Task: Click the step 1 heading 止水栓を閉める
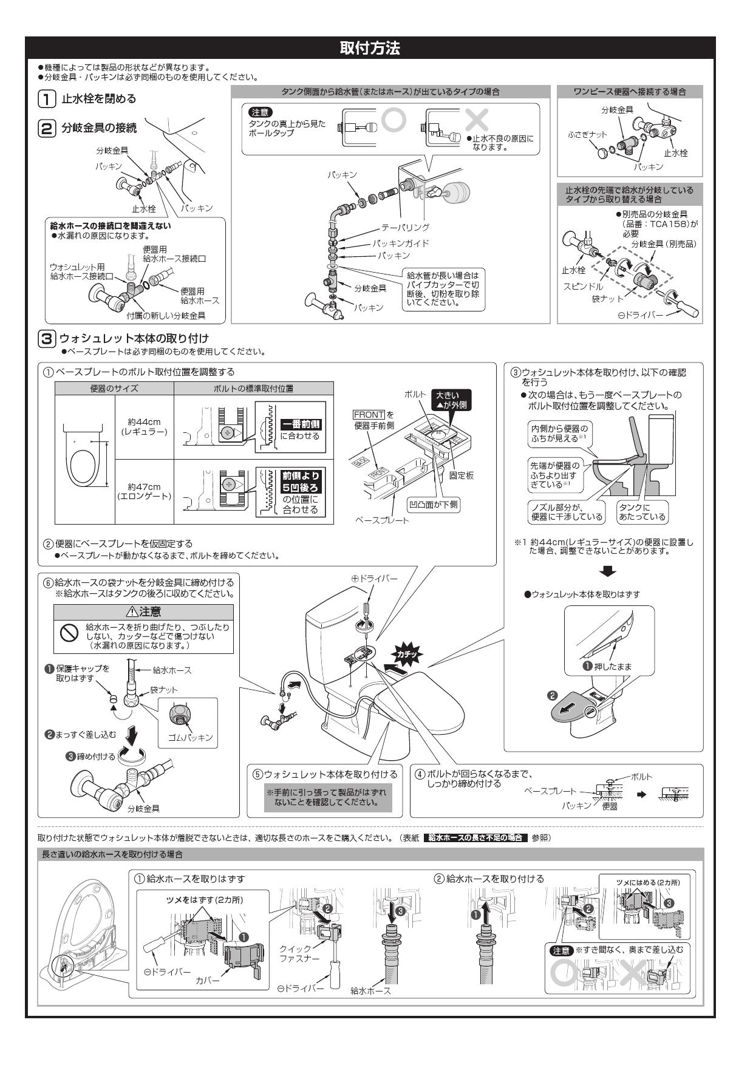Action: tap(98, 98)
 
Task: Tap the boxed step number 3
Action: tap(47, 338)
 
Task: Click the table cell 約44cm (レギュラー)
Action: tap(144, 426)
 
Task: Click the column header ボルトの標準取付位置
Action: tap(253, 389)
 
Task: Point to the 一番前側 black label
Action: tap(301, 424)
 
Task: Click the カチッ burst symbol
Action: tap(405, 655)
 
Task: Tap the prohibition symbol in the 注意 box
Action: tap(67, 633)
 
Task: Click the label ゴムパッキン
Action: tap(191, 737)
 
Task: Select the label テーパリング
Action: tap(405, 227)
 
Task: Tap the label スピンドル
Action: tap(583, 286)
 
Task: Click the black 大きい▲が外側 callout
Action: tap(451, 400)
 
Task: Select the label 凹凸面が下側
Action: tap(433, 504)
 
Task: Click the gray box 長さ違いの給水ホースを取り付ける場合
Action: tap(115, 854)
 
